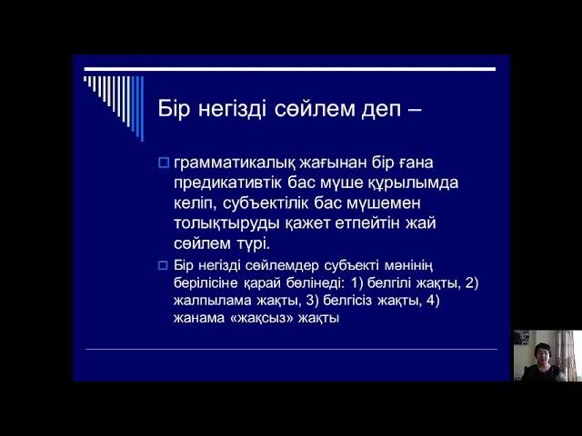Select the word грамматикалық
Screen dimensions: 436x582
pos(237,163)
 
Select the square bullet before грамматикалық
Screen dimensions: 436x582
pos(164,163)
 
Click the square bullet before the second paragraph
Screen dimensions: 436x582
pos(164,266)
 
